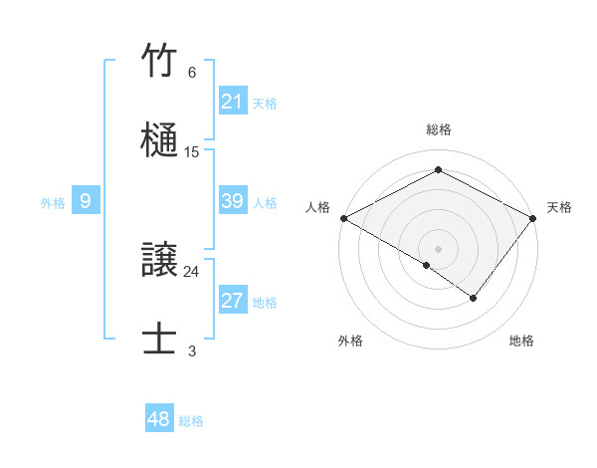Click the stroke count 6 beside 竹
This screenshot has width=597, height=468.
pyautogui.click(x=192, y=73)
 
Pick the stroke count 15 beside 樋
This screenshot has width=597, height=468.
pyautogui.click(x=192, y=152)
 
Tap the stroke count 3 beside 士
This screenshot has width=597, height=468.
pyautogui.click(x=192, y=351)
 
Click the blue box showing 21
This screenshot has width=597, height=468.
pyautogui.click(x=233, y=102)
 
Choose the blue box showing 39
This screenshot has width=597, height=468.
pyautogui.click(x=233, y=201)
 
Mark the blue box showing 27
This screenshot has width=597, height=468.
pyautogui.click(x=233, y=301)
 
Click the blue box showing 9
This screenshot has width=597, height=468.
pyautogui.click(x=86, y=201)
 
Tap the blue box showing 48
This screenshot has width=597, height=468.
pyautogui.click(x=159, y=419)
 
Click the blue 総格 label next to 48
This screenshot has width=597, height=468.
pyautogui.click(x=191, y=421)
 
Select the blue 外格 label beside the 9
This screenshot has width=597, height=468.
pyautogui.click(x=53, y=202)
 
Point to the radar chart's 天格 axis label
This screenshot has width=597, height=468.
pyautogui.click(x=559, y=207)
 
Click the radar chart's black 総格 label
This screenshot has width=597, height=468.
pyautogui.click(x=439, y=129)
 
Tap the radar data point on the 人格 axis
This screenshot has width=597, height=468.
pyautogui.click(x=343, y=218)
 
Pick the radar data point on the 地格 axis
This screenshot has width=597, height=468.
pyautogui.click(x=474, y=298)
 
